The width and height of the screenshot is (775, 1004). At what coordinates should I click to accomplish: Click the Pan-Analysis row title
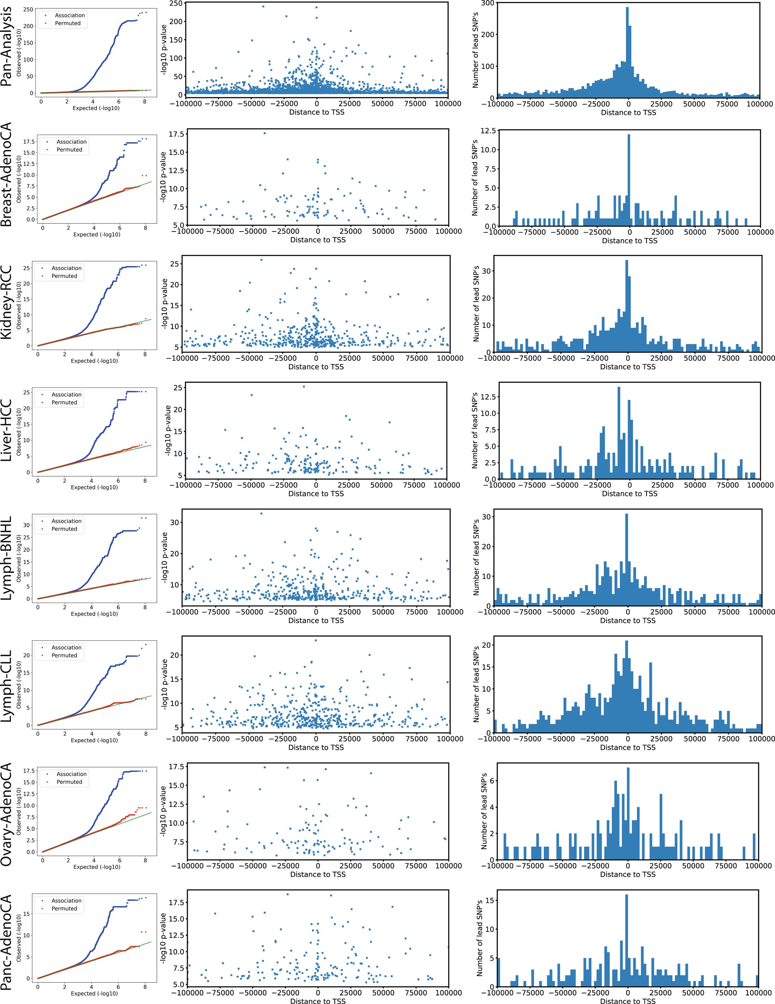coord(6,47)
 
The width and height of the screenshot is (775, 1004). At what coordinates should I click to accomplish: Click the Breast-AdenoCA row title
coord(6,175)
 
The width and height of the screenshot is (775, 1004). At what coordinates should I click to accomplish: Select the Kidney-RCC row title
coord(6,302)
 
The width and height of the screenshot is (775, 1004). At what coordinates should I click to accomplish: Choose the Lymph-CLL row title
coord(6,686)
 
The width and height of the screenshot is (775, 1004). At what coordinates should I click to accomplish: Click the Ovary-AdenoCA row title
coord(6,814)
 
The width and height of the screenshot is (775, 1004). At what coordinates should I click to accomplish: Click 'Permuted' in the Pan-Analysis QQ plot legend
coord(68,23)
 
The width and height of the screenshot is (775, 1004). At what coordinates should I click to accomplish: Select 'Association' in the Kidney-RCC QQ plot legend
coord(66,268)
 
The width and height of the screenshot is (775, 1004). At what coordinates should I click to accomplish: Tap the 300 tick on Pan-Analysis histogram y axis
coord(488,3)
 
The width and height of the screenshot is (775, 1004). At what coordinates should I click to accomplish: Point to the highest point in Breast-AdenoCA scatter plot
coord(265,133)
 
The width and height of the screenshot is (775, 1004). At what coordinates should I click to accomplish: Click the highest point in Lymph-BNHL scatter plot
coord(262,513)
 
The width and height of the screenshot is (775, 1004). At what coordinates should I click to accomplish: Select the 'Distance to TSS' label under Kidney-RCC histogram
coord(628,367)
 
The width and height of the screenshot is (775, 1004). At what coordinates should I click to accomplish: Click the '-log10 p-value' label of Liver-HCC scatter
coord(168,431)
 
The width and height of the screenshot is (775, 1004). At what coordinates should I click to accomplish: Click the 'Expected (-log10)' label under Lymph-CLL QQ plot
coord(94,740)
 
